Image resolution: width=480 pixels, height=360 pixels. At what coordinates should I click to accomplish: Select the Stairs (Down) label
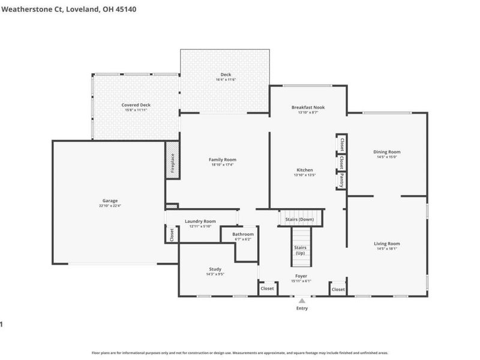pos(299,219)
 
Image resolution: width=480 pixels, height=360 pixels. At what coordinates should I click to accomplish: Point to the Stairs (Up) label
pos(300,250)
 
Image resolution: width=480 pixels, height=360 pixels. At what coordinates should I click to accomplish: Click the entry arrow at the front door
pos(302,301)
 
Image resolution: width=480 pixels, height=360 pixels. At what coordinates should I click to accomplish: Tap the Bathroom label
pos(243,234)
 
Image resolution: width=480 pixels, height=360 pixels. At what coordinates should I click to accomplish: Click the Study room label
pos(215,269)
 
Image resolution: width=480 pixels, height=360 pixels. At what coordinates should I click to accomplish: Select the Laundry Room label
pos(200,221)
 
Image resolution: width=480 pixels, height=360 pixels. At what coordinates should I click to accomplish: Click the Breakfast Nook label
pos(307,107)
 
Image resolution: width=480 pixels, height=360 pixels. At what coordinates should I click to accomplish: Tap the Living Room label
pos(386,243)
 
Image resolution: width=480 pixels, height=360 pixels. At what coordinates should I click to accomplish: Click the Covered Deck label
pos(136,105)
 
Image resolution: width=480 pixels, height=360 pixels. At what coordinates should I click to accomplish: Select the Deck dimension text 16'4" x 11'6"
pos(225,80)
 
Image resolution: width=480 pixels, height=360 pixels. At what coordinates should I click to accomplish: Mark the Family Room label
pos(223,159)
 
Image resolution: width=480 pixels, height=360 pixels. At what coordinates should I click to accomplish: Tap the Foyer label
pos(301,276)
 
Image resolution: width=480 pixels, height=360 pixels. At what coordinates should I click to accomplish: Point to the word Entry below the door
pos(302,308)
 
